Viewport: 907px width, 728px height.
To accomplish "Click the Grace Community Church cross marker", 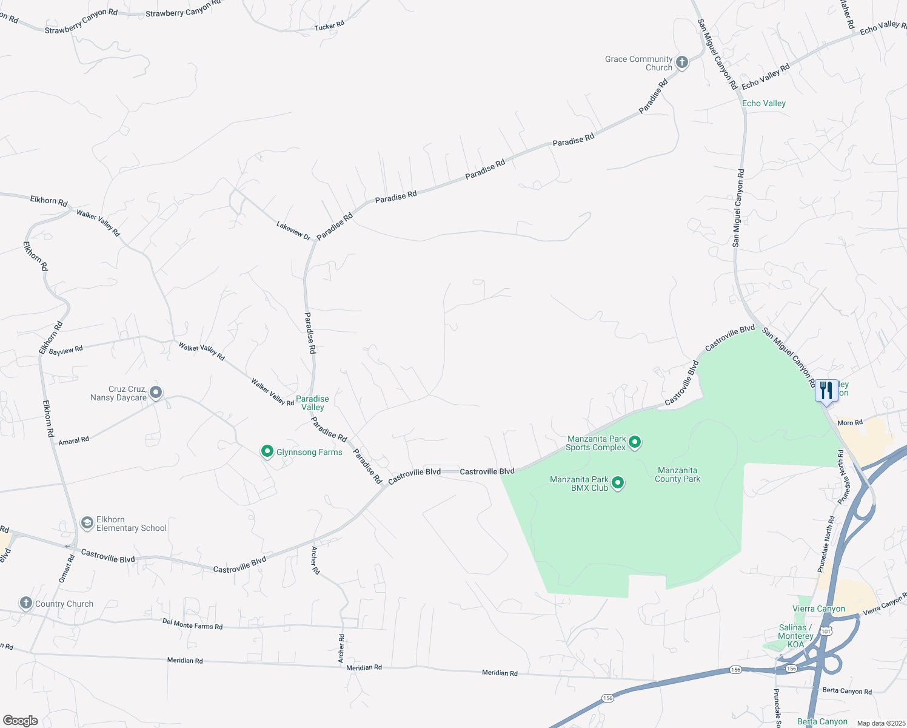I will [x=681, y=62].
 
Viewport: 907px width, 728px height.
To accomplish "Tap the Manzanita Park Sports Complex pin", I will [x=635, y=442].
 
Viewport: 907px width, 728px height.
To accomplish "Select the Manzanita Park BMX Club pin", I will [x=618, y=483].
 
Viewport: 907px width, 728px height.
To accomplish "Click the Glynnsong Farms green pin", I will [x=267, y=451].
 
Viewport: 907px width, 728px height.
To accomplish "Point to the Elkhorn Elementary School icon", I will [x=87, y=523].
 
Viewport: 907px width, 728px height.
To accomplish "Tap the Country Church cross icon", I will [x=25, y=603].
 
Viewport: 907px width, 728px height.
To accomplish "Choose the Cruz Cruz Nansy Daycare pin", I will [x=156, y=393].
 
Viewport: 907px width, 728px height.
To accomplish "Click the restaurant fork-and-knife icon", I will [x=826, y=391].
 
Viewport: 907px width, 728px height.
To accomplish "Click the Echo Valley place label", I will [x=763, y=103].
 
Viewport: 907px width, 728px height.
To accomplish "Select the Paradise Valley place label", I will [x=312, y=403].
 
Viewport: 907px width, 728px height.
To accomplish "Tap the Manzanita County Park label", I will [x=677, y=474].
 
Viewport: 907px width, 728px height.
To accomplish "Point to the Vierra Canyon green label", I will [x=818, y=608].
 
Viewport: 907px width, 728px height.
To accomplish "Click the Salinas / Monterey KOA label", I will [x=795, y=636].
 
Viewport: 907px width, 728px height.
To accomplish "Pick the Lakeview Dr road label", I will [x=293, y=231].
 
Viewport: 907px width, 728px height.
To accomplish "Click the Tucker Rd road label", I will [x=329, y=26].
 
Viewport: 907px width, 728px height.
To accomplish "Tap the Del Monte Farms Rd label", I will [x=192, y=623].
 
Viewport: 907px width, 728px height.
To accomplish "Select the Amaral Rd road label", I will [x=73, y=441].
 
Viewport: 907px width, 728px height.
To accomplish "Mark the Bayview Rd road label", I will [x=65, y=351].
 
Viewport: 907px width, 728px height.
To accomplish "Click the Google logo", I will [x=21, y=720].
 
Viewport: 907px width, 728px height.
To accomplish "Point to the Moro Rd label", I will [x=849, y=423].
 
